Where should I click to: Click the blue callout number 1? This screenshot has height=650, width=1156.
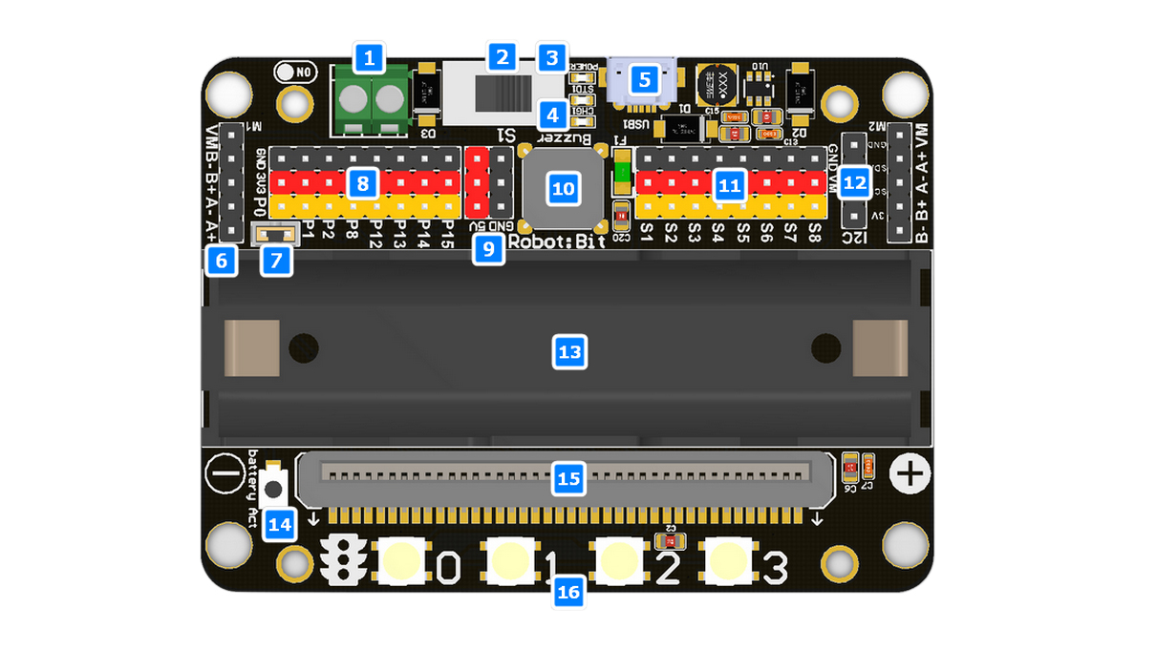point(369,58)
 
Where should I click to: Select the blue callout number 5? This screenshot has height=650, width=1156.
point(645,79)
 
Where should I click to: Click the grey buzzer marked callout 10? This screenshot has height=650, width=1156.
point(563,188)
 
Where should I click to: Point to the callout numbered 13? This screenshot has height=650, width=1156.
point(569,353)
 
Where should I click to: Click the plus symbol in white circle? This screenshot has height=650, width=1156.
point(910,473)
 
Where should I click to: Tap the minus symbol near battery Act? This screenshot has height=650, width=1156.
point(225,473)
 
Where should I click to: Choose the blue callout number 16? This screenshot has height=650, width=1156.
point(568,592)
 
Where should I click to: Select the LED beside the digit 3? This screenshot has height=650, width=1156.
point(729,561)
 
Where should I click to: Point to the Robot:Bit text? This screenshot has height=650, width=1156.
point(557,241)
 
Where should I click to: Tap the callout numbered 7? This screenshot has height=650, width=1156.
point(277,260)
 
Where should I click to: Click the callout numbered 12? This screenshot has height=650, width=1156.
point(854,181)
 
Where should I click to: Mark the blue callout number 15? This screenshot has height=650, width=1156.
point(568,478)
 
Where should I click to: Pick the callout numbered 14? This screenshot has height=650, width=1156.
point(281,523)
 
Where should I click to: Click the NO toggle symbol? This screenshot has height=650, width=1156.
point(294,72)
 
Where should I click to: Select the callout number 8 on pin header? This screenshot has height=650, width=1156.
point(361,183)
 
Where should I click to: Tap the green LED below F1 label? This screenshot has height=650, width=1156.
point(622,173)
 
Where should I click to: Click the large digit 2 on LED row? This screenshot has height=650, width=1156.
point(668,569)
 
